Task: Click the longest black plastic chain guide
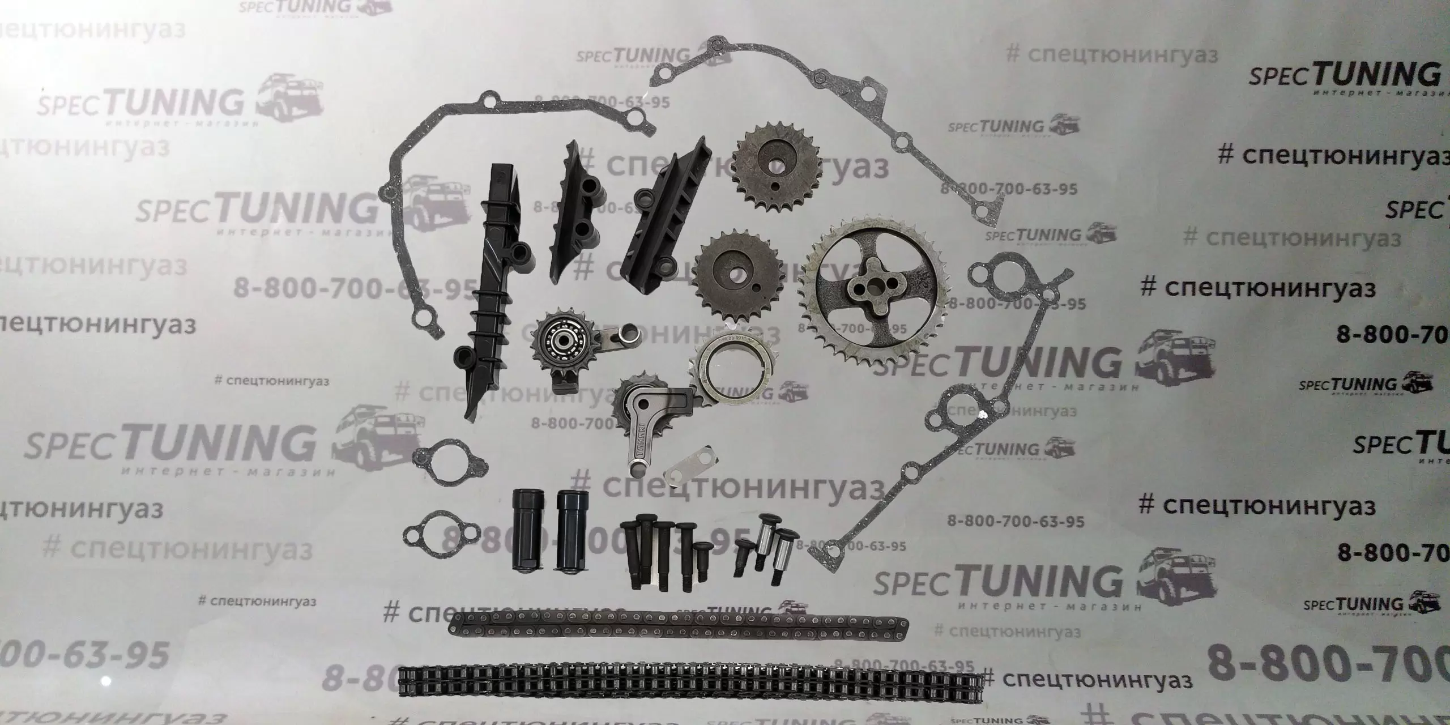coord(493,289)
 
